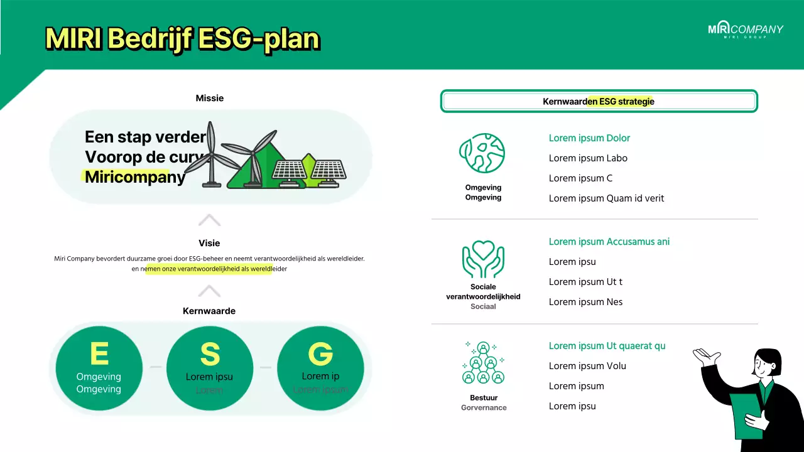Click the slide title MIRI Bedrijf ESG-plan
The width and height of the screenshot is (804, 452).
point(182,39)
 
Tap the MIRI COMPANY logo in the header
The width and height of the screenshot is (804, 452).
point(746,30)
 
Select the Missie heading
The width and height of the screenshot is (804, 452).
point(209,98)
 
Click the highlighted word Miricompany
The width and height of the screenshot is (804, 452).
point(135,177)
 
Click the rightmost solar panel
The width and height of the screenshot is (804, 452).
point(328,171)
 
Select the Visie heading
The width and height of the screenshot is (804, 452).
point(209,243)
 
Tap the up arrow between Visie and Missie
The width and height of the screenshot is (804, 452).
point(209,220)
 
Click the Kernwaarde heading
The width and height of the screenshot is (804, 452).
point(209,311)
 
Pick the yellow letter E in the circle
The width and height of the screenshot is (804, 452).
point(99,353)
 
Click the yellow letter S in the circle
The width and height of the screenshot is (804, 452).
point(210,355)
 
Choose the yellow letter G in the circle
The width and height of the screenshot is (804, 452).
point(320,354)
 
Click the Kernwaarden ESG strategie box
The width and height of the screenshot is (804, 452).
point(599,101)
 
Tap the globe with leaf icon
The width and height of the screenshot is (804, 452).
point(482,153)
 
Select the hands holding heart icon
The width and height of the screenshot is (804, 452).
point(483,259)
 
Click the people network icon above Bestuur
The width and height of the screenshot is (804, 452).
point(483,363)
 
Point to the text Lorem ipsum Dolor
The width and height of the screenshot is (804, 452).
point(589,138)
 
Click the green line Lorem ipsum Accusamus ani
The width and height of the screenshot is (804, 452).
point(609,242)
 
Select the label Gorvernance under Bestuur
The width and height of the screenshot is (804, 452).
point(484,407)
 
